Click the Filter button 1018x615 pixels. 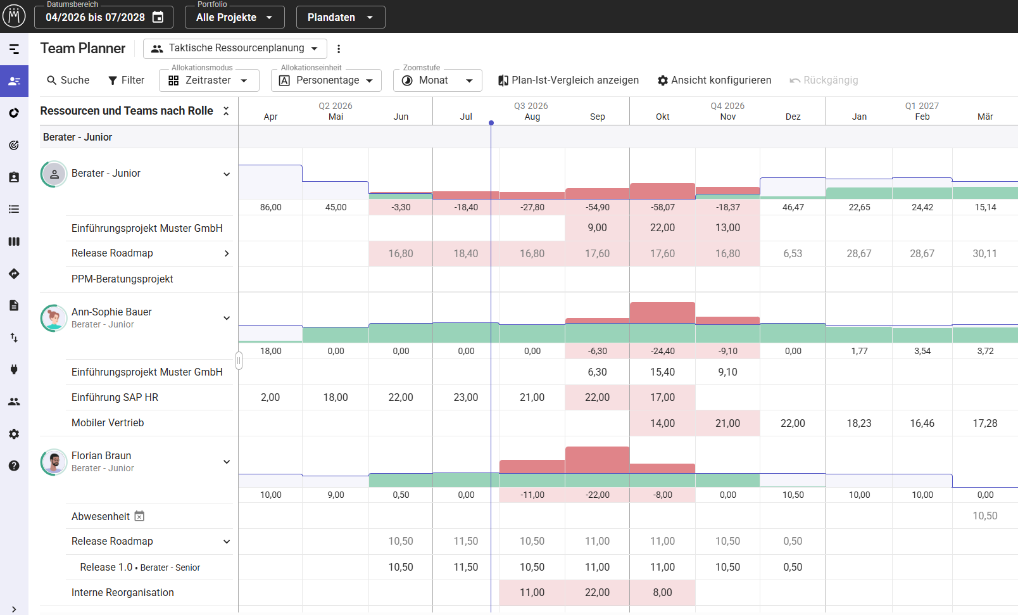coord(127,80)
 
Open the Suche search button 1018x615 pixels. coord(68,80)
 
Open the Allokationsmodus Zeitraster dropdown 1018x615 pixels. coord(209,80)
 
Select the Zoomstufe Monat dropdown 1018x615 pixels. coord(437,80)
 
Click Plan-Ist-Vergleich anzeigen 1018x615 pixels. coord(569,80)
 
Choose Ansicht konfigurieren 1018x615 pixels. coord(714,80)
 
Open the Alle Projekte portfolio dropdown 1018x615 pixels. coord(234,17)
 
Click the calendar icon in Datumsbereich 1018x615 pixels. coord(158,17)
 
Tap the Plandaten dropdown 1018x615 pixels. coord(341,17)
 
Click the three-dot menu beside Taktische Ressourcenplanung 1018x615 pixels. coord(339,49)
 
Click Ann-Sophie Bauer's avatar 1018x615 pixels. coord(54,318)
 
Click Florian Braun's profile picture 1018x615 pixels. coord(54,462)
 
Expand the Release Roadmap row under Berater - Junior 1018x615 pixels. coord(226,253)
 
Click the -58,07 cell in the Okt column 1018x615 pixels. coord(663,207)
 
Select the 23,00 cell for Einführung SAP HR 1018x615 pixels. coord(466,397)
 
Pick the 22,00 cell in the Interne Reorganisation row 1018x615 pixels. coord(597,592)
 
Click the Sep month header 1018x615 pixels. coord(597,117)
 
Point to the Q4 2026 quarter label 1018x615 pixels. coord(727,106)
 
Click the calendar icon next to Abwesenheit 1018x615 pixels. coord(139,516)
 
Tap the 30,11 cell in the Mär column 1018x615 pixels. coord(984,253)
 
